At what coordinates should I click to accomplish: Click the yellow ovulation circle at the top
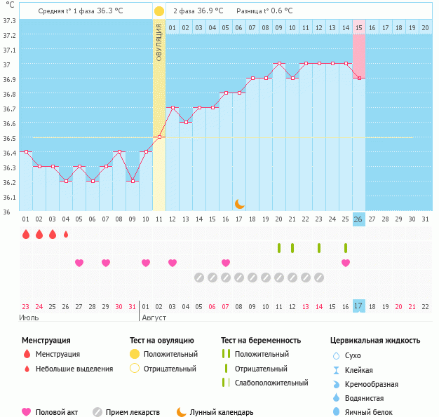point(159,11)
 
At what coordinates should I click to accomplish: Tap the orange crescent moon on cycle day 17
point(239,204)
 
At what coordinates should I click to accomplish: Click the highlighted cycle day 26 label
point(359,219)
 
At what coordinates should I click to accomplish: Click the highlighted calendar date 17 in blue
point(359,306)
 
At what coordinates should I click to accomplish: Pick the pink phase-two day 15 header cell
point(359,27)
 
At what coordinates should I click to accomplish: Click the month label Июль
point(29,317)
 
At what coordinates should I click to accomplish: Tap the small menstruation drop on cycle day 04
point(66,234)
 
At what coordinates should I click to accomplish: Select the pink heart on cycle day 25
point(346,263)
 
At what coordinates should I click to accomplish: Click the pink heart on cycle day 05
point(79,263)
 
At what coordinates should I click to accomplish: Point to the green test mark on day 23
point(319,248)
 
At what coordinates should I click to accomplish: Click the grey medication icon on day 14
point(199,278)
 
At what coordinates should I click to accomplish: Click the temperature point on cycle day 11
point(159,137)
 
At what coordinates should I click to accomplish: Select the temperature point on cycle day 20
point(279,63)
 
